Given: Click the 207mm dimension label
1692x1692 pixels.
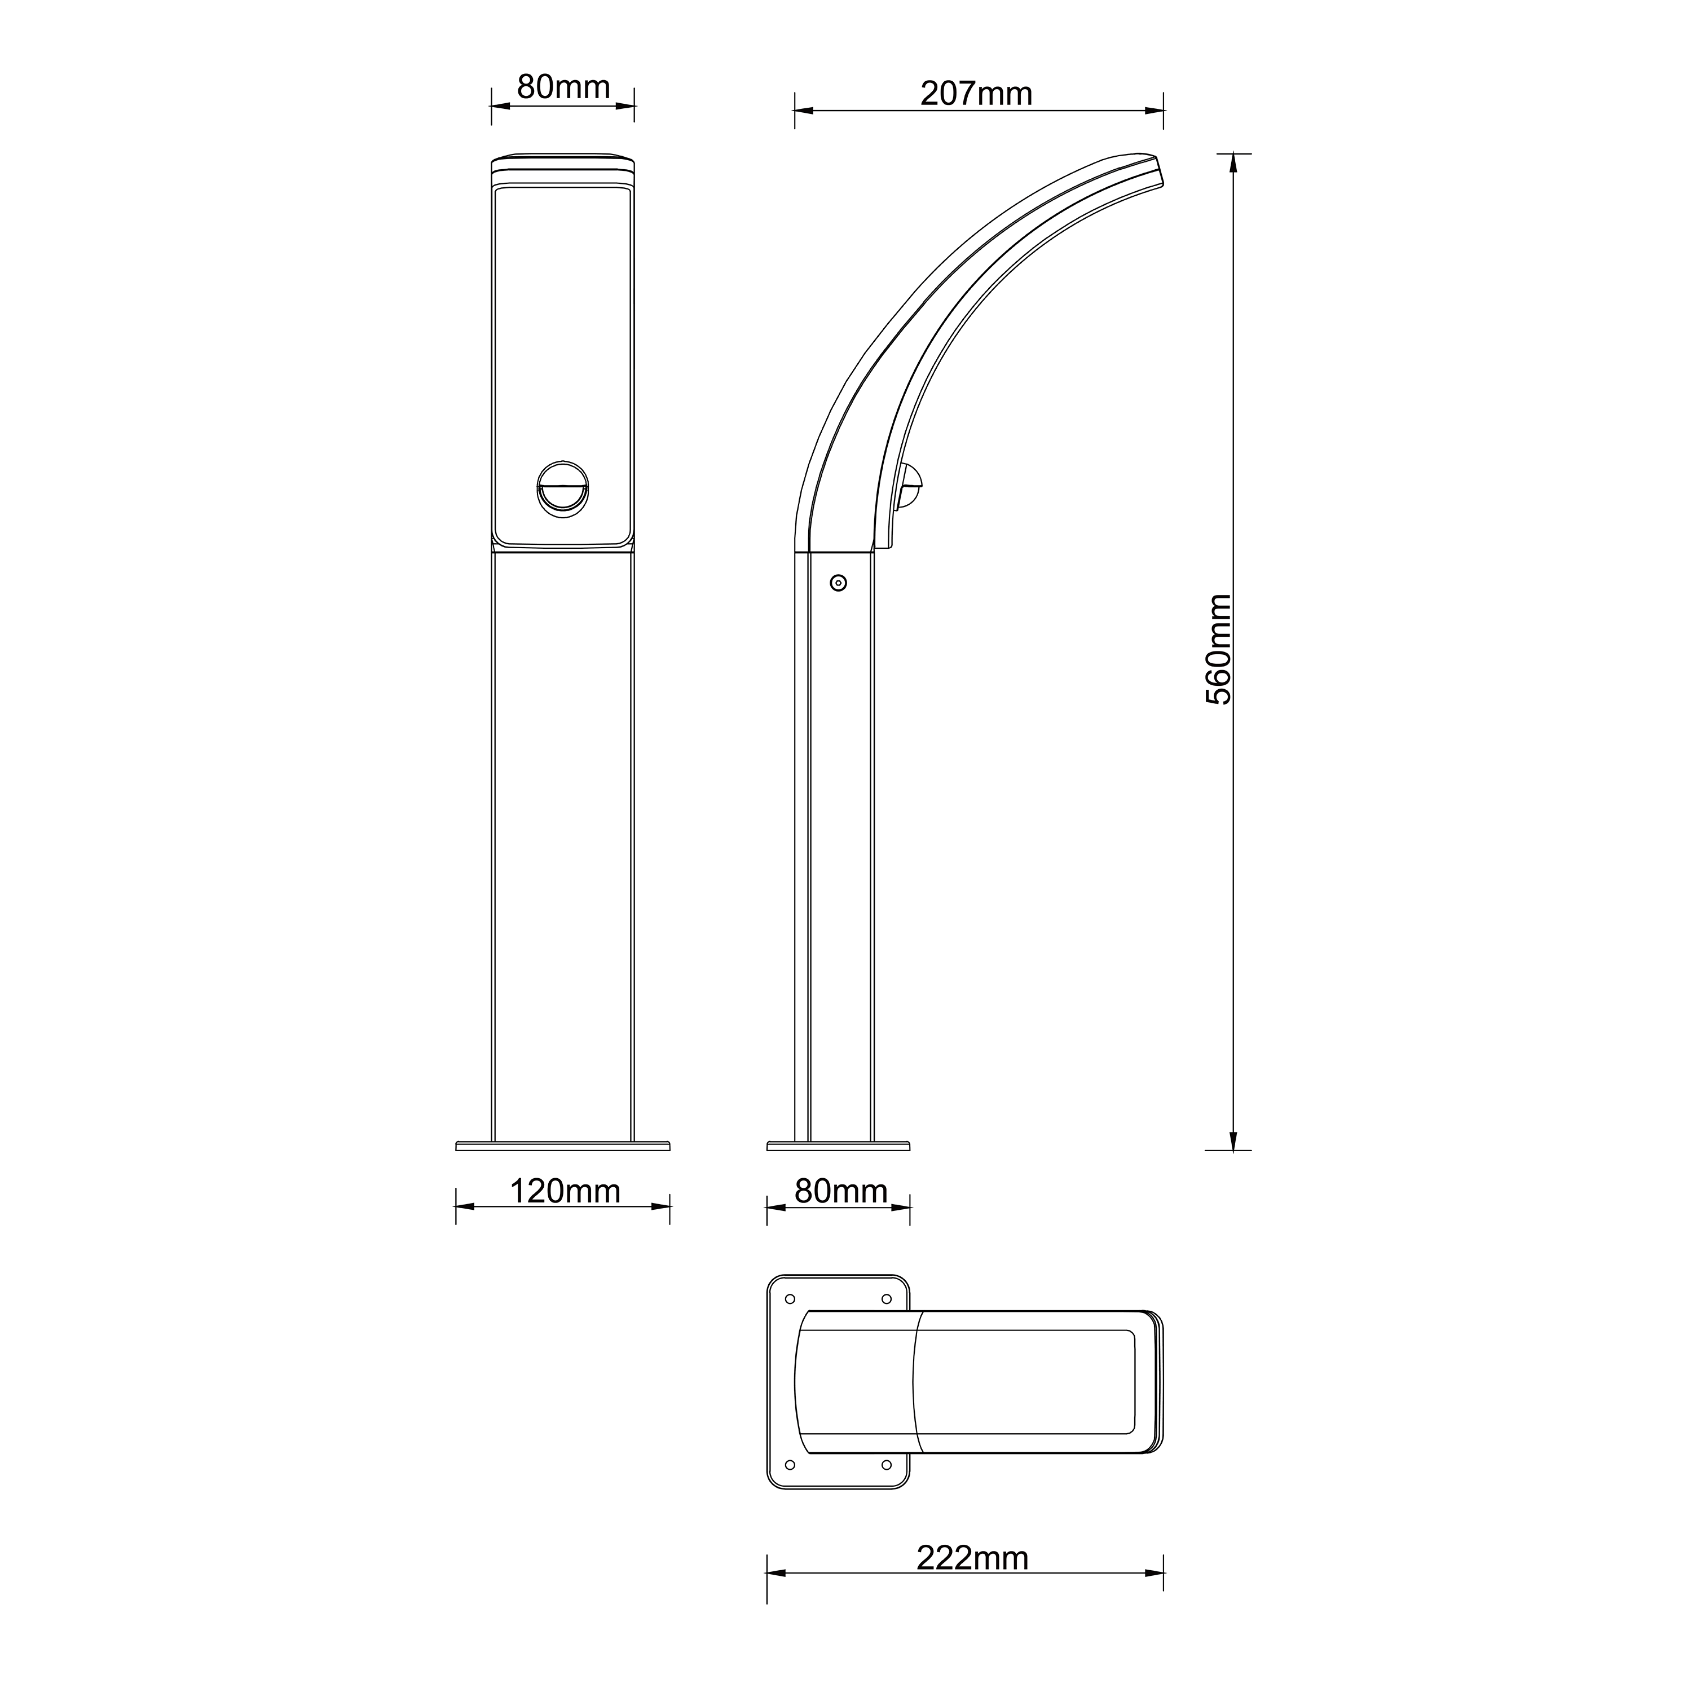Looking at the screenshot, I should coord(976,94).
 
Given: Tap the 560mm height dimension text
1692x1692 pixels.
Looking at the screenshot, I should coord(1218,649).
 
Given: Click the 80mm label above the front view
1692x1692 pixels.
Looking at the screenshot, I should coord(563,87).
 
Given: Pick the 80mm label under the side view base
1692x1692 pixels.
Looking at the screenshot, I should coord(841,1191).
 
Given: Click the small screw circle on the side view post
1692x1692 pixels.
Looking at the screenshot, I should coord(838,583).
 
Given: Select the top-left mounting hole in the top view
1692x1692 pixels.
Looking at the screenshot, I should coord(790,1299).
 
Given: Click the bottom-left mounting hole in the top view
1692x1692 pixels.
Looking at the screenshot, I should coord(790,1464).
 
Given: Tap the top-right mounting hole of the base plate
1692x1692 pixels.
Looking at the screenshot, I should coord(886,1299).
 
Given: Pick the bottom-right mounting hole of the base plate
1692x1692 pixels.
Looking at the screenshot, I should coord(886,1464).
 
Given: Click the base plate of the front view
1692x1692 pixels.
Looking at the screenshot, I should coord(563,1145).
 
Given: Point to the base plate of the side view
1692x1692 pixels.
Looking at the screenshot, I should coord(838,1145).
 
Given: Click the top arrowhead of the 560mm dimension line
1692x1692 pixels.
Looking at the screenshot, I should coord(1233,161).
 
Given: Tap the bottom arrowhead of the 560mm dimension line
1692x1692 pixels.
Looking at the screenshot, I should coord(1233,1142).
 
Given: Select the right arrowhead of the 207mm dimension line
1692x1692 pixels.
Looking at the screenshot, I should coord(1156,111).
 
